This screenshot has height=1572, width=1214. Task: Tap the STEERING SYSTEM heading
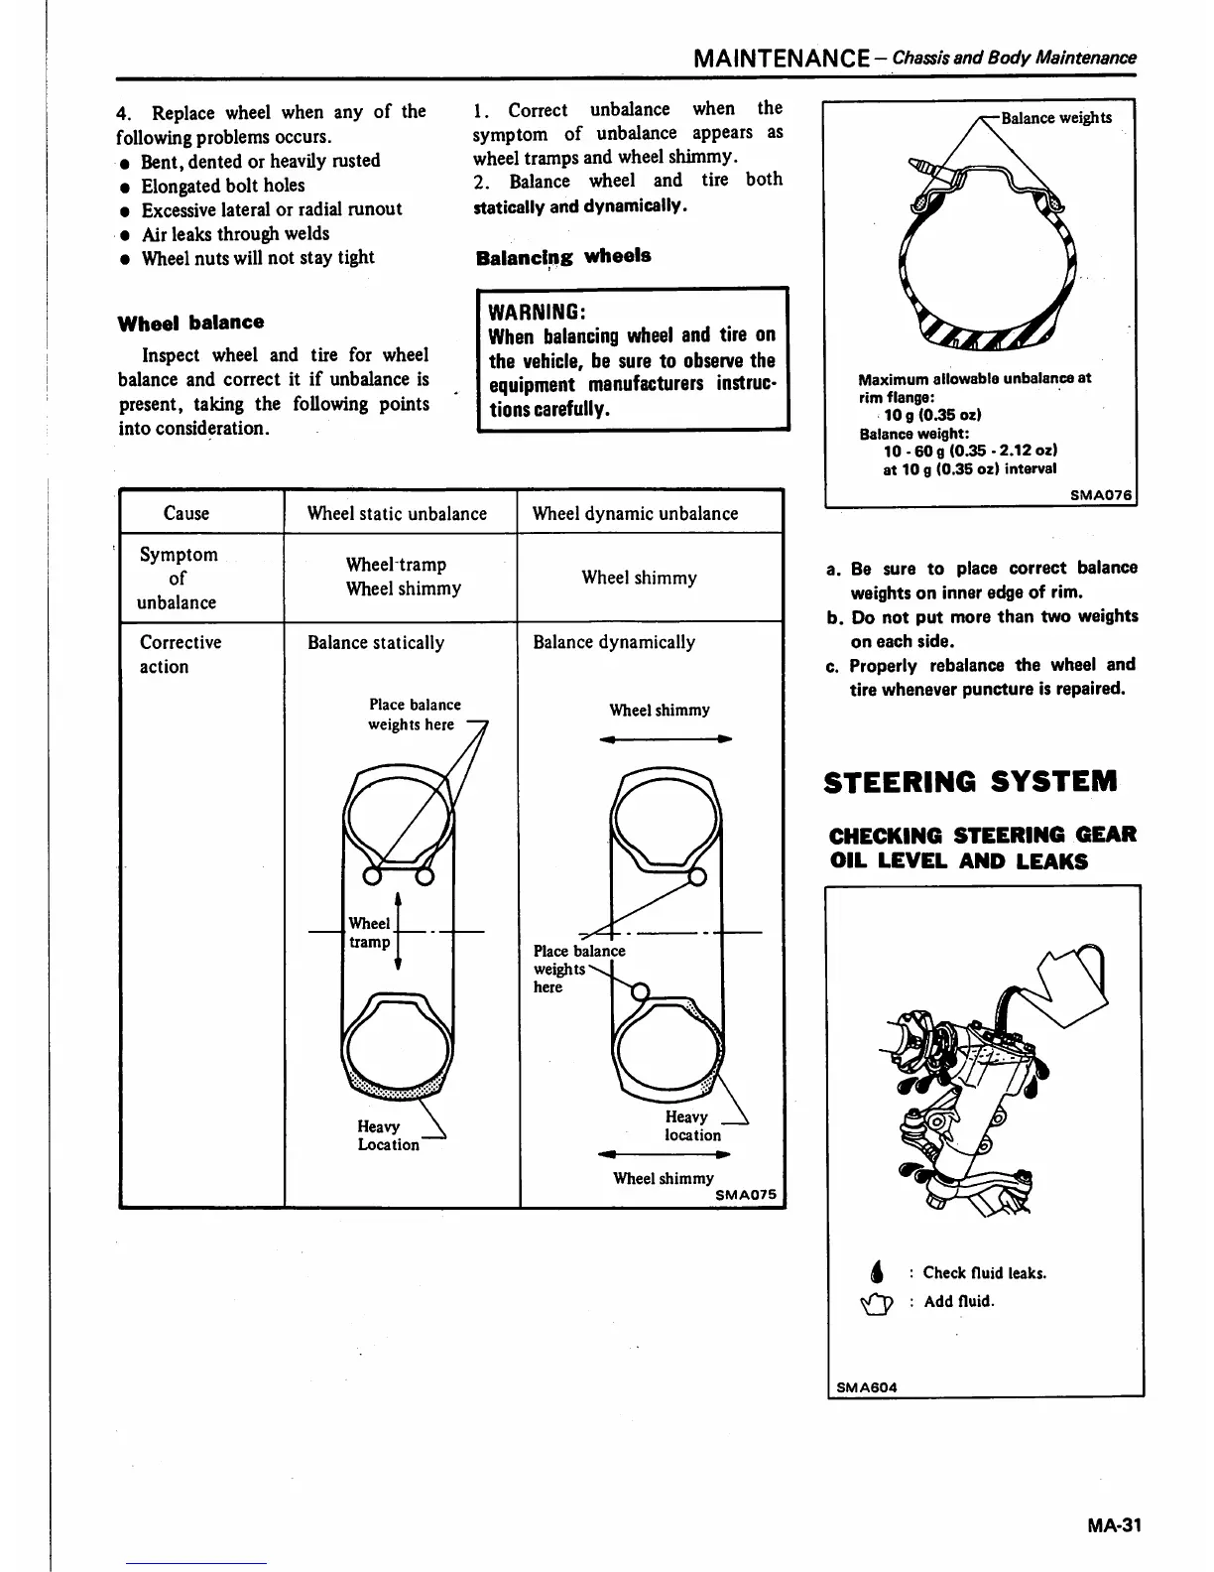click(x=971, y=781)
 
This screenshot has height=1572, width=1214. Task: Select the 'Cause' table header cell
click(x=186, y=513)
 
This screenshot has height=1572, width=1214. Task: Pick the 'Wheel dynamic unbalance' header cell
click(x=635, y=513)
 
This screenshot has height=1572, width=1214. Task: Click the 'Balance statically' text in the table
click(x=376, y=642)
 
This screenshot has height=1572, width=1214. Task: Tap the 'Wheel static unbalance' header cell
click(x=397, y=513)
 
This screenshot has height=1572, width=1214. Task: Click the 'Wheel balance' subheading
click(x=190, y=323)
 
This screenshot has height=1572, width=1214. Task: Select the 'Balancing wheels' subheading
click(x=563, y=256)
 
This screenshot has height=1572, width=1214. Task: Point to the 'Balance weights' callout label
click(x=1056, y=118)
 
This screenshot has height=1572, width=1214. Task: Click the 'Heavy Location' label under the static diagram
click(x=388, y=1135)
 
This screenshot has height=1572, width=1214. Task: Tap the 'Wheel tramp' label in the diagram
click(x=370, y=933)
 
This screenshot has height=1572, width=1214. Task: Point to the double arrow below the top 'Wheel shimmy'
click(x=659, y=738)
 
